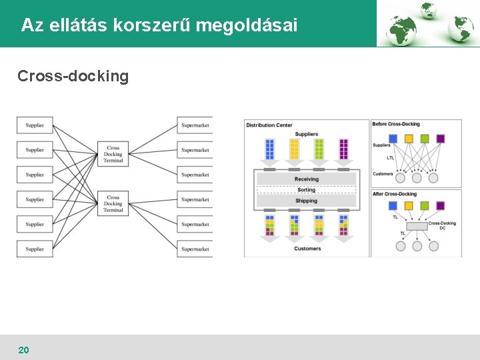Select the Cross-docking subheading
[x=73, y=76]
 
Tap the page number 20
[x=23, y=350]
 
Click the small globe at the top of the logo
[x=427, y=9]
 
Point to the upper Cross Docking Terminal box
[x=113, y=154]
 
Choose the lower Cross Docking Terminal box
[x=113, y=204]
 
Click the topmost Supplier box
[x=35, y=125]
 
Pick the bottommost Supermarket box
[x=195, y=249]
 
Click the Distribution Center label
[x=269, y=125]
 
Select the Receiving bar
[x=306, y=179]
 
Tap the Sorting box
[x=306, y=190]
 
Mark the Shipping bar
[x=306, y=201]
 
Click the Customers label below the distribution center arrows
[x=307, y=249]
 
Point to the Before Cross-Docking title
[x=396, y=124]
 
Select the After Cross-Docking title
[x=395, y=194]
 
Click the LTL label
[x=390, y=158]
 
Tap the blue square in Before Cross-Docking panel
[x=393, y=139]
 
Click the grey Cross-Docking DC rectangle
[x=417, y=227]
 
